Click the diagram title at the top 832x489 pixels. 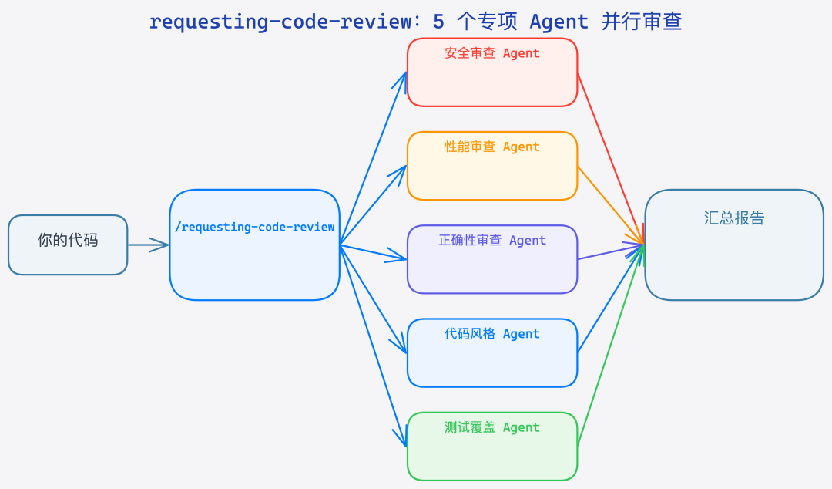coord(415,21)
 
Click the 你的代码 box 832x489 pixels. coord(68,244)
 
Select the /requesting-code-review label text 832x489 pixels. coord(254,227)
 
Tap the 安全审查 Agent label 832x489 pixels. coord(491,53)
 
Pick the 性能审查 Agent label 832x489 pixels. coord(491,147)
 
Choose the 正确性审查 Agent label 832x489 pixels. coord(491,240)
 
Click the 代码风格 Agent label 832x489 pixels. coord(491,334)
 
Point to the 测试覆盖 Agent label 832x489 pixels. coord(491,427)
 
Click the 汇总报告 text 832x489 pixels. coord(733,218)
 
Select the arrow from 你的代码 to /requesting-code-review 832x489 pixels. coord(148,244)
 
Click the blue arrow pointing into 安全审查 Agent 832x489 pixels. coord(373,158)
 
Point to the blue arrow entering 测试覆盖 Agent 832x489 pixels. coord(373,346)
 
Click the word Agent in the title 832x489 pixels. coord(559,21)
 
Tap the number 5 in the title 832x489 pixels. coord(438,21)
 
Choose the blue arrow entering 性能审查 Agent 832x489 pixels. coord(373,204)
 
